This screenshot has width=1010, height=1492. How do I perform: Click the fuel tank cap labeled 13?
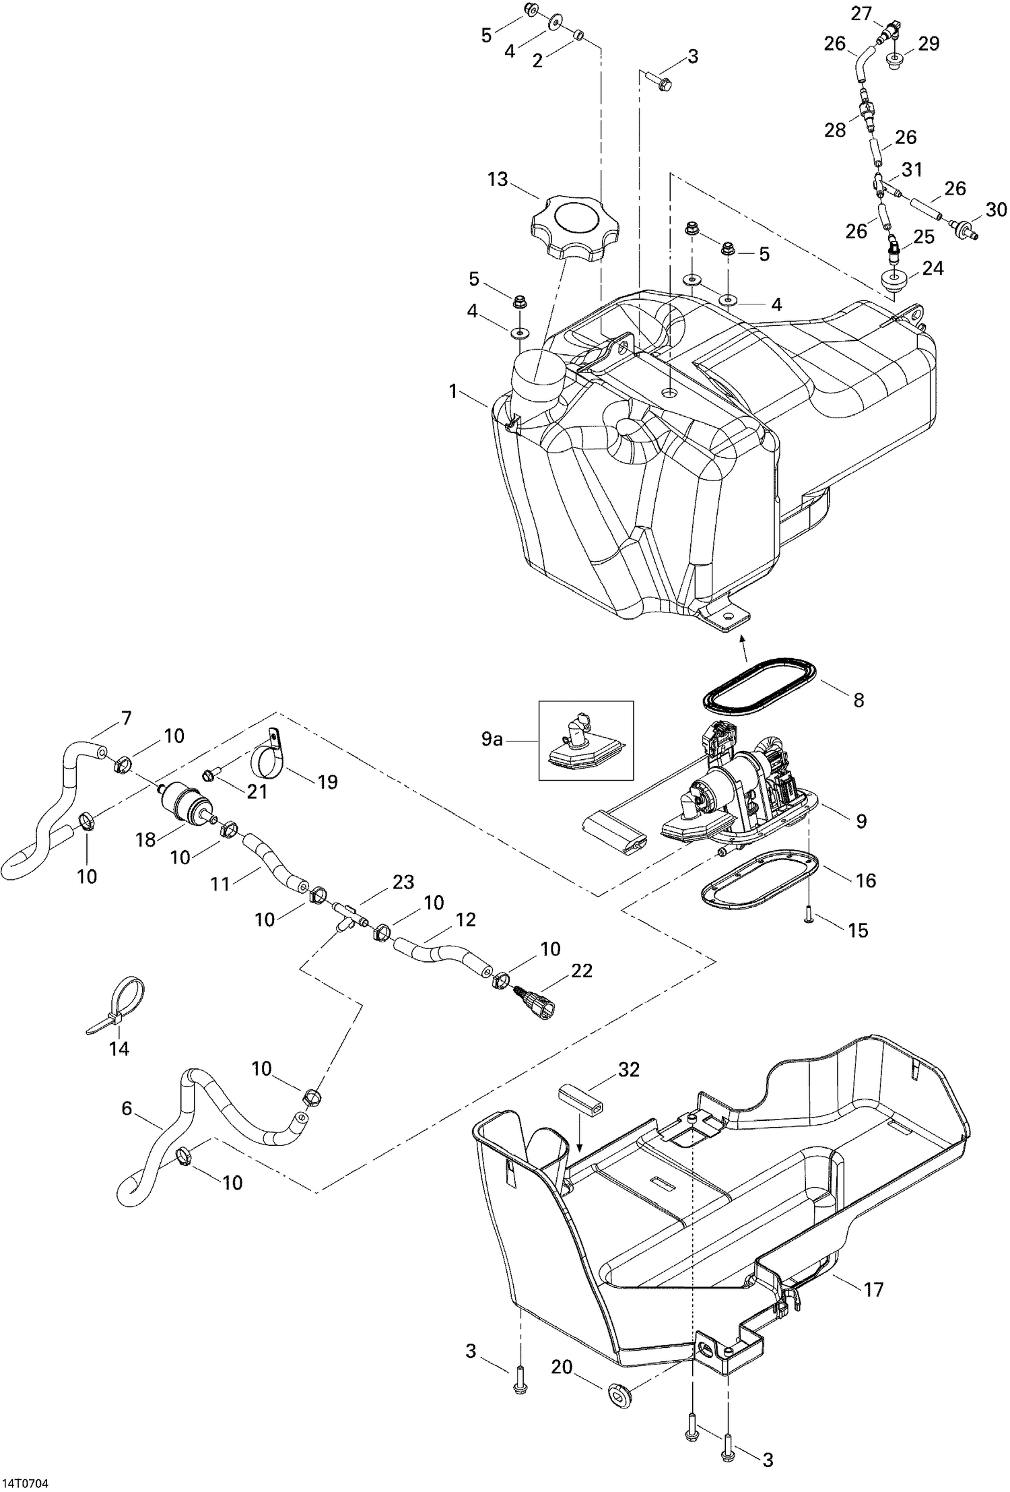point(566,228)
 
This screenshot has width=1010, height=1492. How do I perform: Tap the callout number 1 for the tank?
point(453,391)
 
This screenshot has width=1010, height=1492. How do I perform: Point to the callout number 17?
point(873,1289)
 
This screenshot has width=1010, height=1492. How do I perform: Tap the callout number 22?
point(582,971)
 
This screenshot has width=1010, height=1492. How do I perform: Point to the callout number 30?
point(997,209)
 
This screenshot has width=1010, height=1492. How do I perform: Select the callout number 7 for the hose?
point(126,718)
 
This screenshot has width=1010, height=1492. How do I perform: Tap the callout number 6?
point(127,1107)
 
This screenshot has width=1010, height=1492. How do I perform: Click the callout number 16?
point(866,880)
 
